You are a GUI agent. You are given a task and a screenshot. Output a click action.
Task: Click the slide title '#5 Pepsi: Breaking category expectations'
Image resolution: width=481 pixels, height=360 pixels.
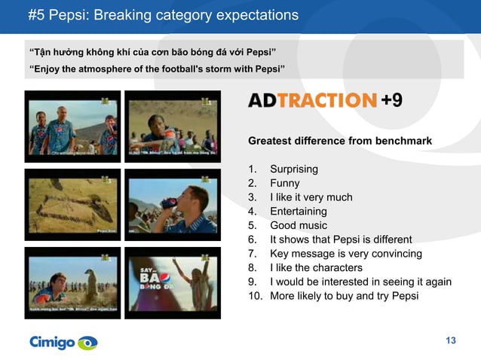[163, 15]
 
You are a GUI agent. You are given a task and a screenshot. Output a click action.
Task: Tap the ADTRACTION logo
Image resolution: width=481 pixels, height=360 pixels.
[312, 101]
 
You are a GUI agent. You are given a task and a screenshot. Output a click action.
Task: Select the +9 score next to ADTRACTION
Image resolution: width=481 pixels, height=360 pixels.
[391, 101]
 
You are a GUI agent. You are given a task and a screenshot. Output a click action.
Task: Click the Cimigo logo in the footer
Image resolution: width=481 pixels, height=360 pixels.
[63, 343]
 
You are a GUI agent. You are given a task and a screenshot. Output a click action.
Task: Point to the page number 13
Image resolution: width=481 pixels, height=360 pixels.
[451, 341]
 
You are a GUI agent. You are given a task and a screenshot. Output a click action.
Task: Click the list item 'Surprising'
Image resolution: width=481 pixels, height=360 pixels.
[293, 169]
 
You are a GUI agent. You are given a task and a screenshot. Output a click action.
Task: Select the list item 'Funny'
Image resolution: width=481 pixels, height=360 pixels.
[284, 183]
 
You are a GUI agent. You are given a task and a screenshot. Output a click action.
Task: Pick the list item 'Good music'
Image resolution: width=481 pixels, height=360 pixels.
[299, 225]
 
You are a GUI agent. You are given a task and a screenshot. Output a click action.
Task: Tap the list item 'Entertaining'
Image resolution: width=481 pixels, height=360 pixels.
[298, 212]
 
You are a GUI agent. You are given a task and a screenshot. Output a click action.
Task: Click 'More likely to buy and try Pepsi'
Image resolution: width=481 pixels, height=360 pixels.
[344, 295]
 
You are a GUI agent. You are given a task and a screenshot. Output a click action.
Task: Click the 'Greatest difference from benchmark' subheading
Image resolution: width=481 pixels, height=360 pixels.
[340, 141]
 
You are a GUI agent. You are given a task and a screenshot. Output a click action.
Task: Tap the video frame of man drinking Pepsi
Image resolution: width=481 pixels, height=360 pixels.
[172, 204]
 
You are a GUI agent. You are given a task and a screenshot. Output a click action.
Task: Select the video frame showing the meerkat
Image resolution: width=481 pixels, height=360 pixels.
[72, 282]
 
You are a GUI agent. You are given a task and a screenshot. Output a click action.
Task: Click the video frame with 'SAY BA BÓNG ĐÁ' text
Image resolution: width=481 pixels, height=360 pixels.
[172, 282]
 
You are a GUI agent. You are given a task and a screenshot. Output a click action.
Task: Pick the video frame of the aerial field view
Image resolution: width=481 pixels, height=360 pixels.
[72, 204]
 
